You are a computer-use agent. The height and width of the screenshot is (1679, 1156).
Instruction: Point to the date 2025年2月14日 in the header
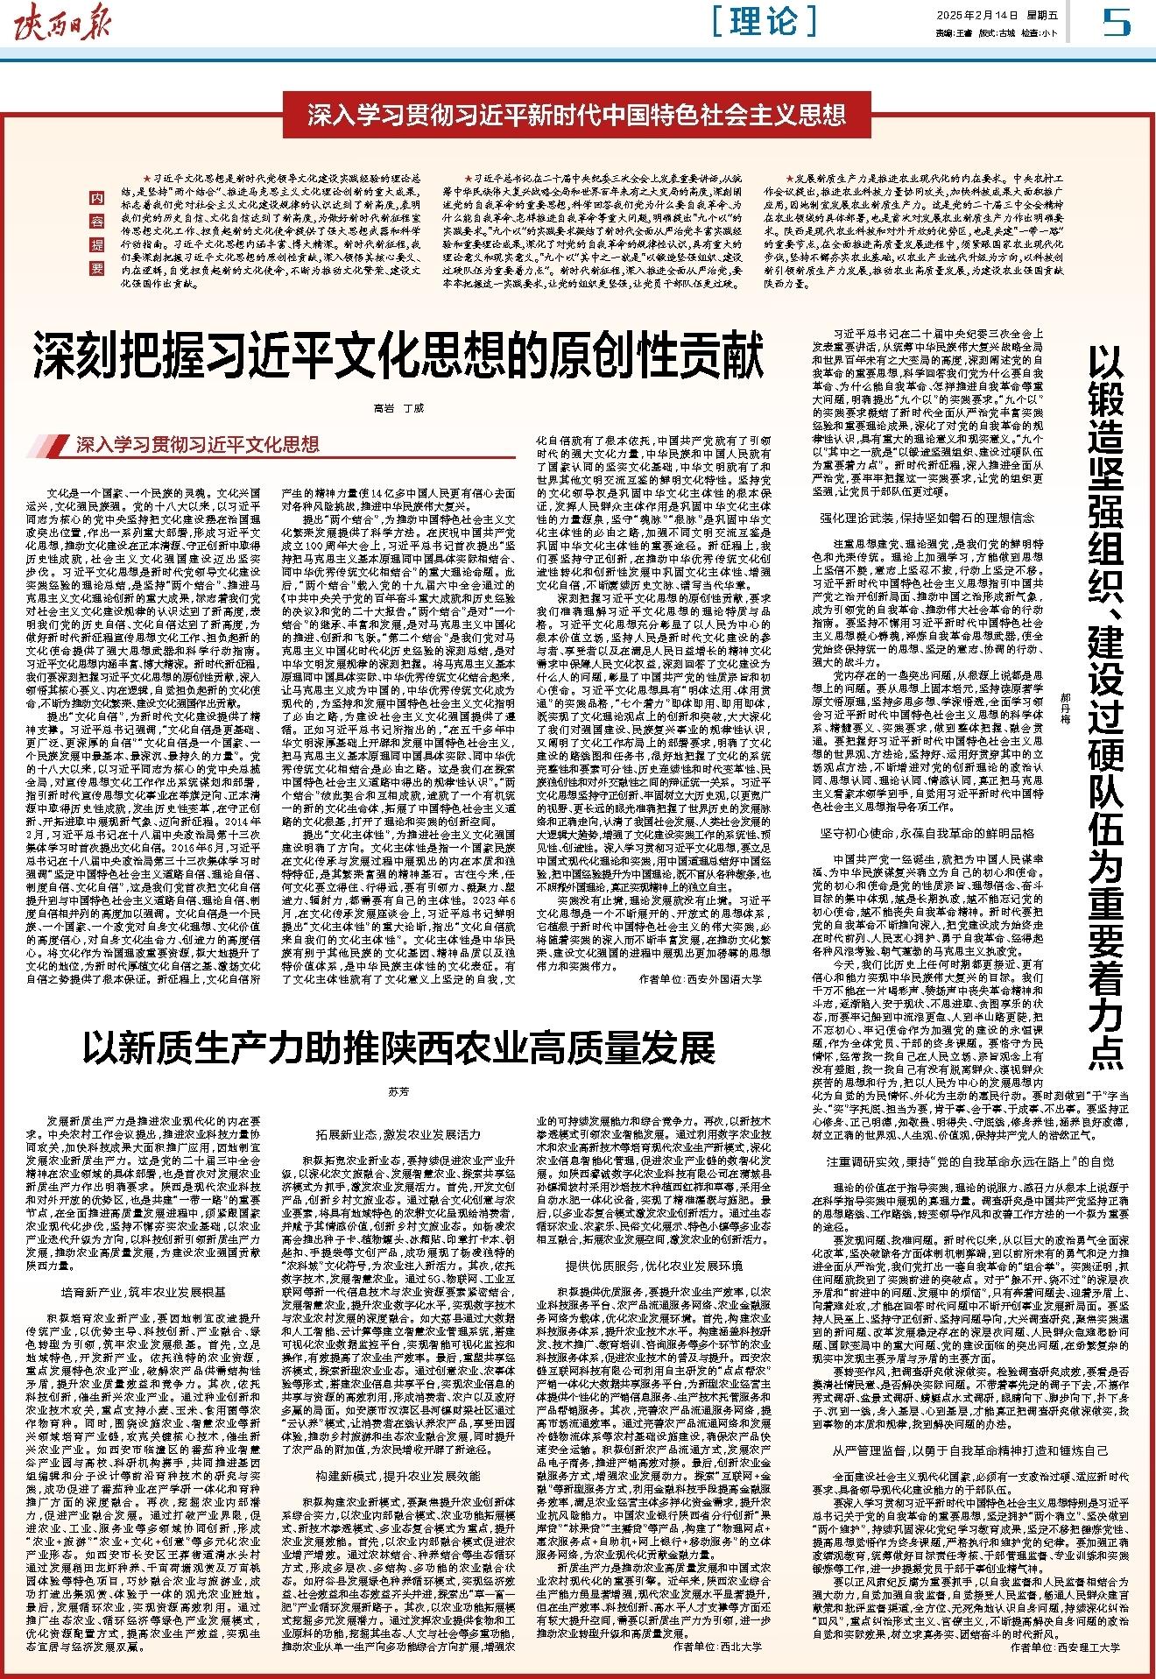click(969, 15)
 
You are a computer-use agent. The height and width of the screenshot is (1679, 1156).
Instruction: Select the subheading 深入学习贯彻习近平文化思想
click(197, 445)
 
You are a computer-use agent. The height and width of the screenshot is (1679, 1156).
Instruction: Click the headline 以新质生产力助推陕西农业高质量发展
click(398, 1046)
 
